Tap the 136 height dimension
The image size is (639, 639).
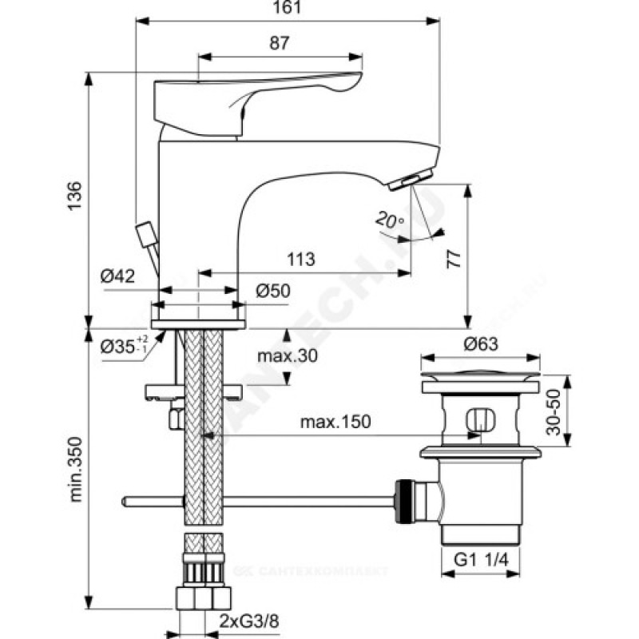pos(73,196)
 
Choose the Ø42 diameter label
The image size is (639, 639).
pos(117,276)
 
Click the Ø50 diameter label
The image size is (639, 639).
pos(272,292)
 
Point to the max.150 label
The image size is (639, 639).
pos(335,422)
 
